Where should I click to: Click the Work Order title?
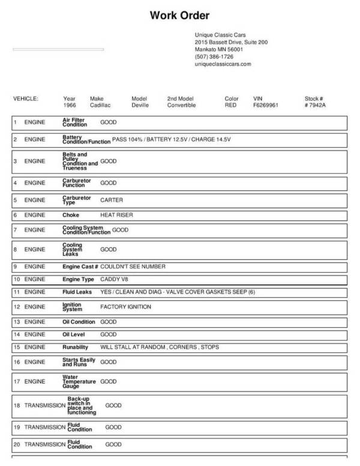coord(179,15)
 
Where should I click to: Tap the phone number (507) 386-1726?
coord(214,56)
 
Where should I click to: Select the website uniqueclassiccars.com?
coord(223,64)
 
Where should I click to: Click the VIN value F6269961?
coord(267,105)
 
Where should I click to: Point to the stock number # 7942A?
coord(315,105)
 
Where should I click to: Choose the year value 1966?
coord(70,105)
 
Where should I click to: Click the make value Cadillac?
coord(100,105)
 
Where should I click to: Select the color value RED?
coord(230,105)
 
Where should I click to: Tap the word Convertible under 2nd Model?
coord(181,105)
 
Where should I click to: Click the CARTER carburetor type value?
coord(111,199)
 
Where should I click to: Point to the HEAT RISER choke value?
coord(116,214)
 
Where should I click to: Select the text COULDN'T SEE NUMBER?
coord(133,266)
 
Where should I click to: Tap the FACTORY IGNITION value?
coord(125,307)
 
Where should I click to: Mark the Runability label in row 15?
coord(75,347)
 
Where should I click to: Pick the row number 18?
coord(17,405)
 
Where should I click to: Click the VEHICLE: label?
coord(25,98)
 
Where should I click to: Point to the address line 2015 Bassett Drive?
coord(231,43)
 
